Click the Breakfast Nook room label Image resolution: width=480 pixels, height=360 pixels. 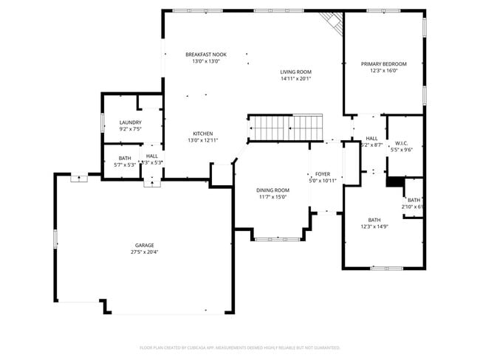click(x=205, y=55)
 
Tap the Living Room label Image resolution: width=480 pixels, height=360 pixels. click(x=295, y=72)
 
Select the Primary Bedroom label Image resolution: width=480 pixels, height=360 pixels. click(x=383, y=64)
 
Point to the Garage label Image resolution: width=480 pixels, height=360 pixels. click(x=144, y=246)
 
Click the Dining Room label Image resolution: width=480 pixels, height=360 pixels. click(x=272, y=190)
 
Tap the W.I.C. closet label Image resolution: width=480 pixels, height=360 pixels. click(x=402, y=142)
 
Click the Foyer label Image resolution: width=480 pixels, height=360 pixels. click(x=323, y=174)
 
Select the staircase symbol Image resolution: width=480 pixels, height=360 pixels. click(x=287, y=127)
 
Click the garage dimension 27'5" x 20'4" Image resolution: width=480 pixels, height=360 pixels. click(x=144, y=252)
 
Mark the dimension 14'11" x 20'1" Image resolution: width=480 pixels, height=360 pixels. click(x=295, y=79)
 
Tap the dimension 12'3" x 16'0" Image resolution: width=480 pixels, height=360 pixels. click(x=383, y=71)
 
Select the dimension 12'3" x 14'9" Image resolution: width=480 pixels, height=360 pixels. click(x=374, y=226)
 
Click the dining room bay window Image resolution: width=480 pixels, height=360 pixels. click(x=277, y=238)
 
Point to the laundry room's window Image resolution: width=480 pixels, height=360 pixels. click(x=102, y=122)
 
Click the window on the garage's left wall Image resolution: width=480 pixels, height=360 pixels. click(x=55, y=239)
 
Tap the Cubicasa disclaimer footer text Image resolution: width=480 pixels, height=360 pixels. click(x=239, y=347)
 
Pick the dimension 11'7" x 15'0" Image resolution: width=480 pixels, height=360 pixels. click(x=272, y=196)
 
